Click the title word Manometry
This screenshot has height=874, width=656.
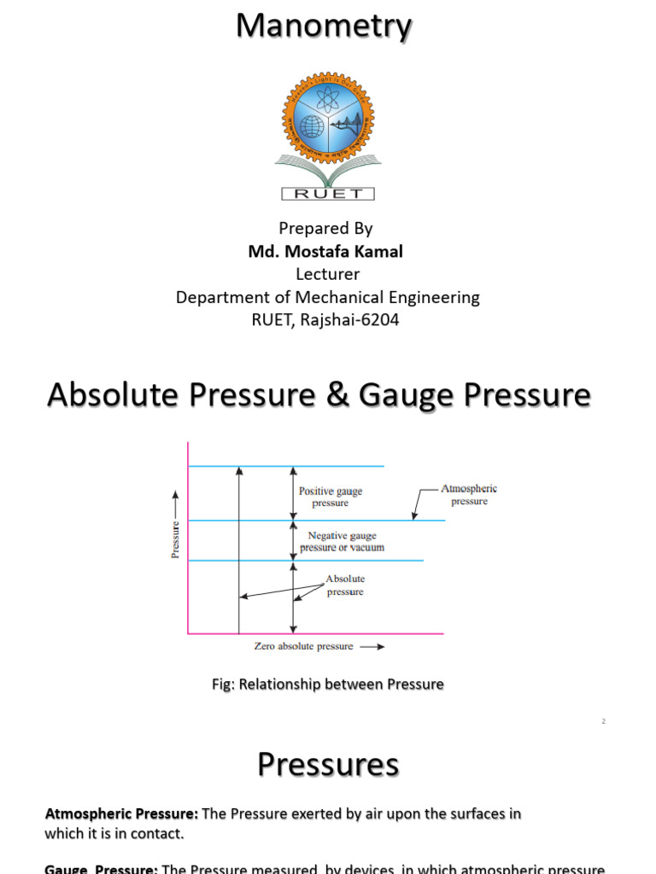(x=324, y=27)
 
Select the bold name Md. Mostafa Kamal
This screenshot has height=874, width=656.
(x=325, y=252)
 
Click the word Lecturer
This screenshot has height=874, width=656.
(x=327, y=274)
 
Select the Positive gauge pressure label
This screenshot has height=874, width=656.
(x=331, y=497)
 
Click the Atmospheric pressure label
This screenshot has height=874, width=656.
(x=469, y=495)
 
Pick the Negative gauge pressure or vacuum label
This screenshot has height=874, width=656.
(x=342, y=541)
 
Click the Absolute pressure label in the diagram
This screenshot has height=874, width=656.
(x=345, y=586)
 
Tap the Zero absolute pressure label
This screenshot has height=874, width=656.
(x=303, y=646)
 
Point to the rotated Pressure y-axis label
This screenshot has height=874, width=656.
(x=176, y=539)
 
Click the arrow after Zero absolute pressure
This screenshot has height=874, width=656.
(x=372, y=647)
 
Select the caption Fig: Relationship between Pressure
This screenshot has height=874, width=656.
(x=327, y=685)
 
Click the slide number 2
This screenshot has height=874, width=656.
(x=603, y=721)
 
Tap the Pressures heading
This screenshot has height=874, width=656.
(x=328, y=765)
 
